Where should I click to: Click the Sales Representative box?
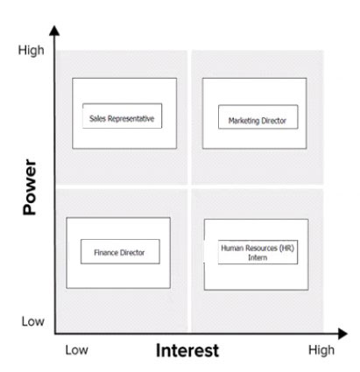click(x=122, y=116)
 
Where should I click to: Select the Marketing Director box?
click(x=258, y=116)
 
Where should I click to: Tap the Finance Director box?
click(x=120, y=251)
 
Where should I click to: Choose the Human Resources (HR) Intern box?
click(x=258, y=252)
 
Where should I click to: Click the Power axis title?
click(x=30, y=187)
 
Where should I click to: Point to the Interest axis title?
click(x=187, y=350)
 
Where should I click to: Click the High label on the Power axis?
click(x=32, y=50)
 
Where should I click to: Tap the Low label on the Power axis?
click(x=33, y=321)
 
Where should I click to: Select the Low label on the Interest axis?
click(x=76, y=350)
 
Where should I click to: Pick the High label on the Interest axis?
click(x=321, y=350)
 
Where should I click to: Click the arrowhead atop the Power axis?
click(x=54, y=31)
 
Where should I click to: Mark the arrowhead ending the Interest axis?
click(x=342, y=333)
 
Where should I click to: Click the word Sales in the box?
click(x=97, y=118)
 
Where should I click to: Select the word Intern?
click(x=258, y=257)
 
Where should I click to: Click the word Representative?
click(x=131, y=119)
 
